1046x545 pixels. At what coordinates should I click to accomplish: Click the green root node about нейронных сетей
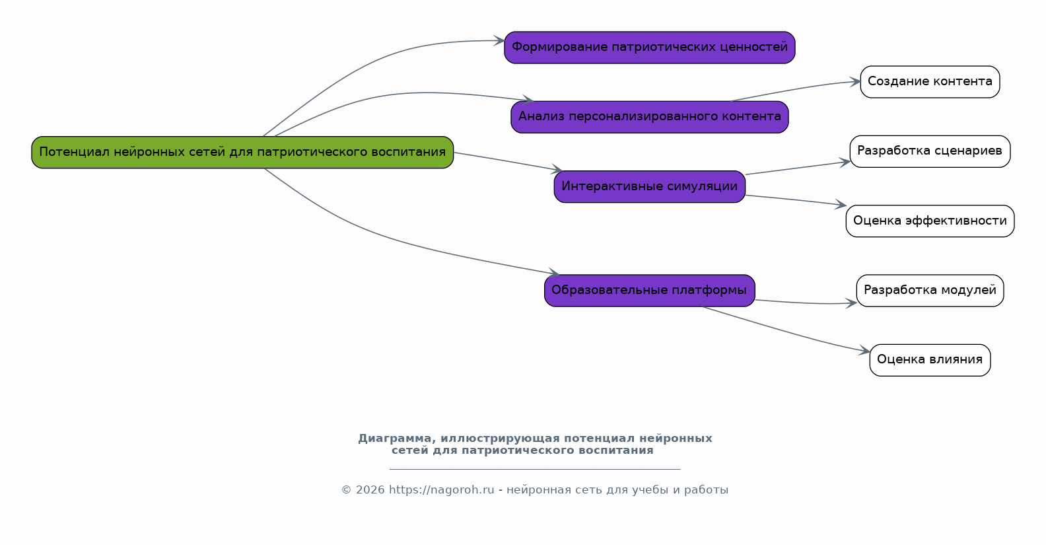coord(242,152)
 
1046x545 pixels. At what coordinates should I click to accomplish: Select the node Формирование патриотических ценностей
coord(650,48)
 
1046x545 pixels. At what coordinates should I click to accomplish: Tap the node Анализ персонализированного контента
coord(650,117)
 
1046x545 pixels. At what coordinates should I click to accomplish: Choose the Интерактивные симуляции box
coord(650,187)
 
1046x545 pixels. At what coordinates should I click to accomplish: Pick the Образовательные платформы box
coord(650,291)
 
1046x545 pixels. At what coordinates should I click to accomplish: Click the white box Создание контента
coord(930,82)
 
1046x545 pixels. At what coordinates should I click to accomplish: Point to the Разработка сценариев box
coord(930,151)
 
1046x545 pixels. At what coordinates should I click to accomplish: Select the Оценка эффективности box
coord(930,221)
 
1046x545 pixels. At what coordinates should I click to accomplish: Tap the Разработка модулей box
coord(930,291)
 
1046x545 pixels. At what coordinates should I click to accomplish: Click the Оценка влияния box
coord(930,360)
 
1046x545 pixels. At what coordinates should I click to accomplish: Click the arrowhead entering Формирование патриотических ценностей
coord(499,41)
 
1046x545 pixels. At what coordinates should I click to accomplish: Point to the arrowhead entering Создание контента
coord(855,82)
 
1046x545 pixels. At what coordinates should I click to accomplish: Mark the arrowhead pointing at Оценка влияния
coord(864,351)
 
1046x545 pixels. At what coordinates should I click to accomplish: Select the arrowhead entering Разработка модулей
coord(851,303)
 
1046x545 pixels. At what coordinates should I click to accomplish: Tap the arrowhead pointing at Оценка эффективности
coord(841,204)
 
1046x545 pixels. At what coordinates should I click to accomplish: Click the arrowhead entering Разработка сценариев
coord(845,163)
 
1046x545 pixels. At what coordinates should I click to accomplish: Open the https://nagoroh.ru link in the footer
coord(441,490)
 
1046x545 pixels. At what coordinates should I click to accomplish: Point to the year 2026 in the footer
coord(370,490)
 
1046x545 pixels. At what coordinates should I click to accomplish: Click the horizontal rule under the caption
coord(535,468)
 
